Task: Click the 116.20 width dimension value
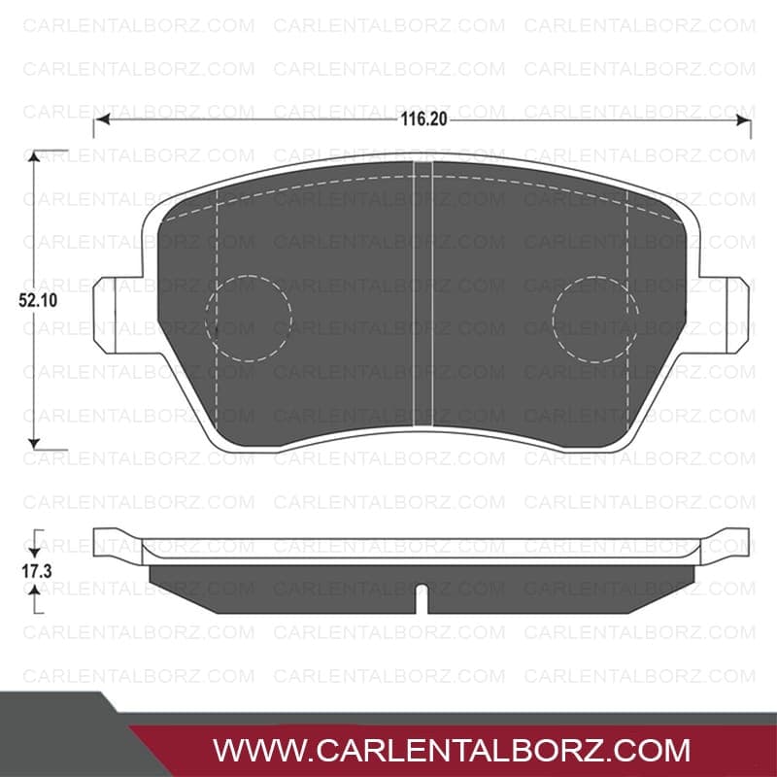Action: [x=423, y=119]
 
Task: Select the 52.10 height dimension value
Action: [x=38, y=300]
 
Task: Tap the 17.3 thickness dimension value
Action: [x=37, y=571]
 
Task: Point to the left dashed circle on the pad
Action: [x=249, y=276]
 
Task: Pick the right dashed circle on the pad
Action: [x=595, y=276]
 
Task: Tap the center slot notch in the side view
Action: [x=422, y=599]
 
